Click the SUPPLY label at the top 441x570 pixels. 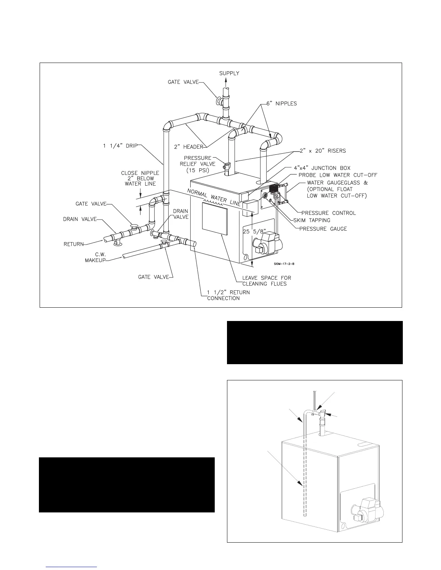pyautogui.click(x=229, y=73)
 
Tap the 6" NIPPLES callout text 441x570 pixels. pyautogui.click(x=282, y=104)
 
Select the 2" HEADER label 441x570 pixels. pyautogui.click(x=189, y=147)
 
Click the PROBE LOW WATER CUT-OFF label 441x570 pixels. pyautogui.click(x=338, y=175)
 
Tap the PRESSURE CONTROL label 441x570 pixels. pyautogui.click(x=329, y=213)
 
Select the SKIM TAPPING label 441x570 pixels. pyautogui.click(x=312, y=220)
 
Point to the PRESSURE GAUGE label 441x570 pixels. pyautogui.click(x=323, y=229)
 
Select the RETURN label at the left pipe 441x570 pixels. pyautogui.click(x=73, y=244)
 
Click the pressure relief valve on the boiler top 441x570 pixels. pyautogui.click(x=227, y=167)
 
